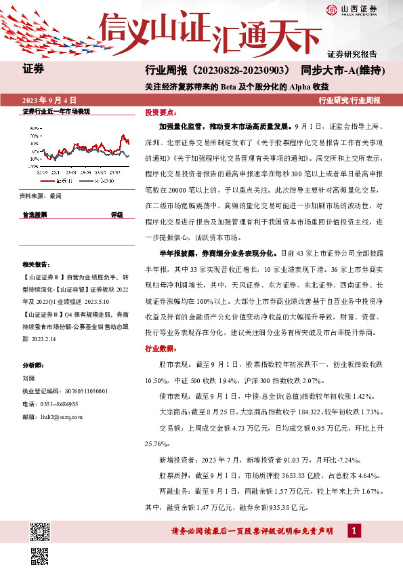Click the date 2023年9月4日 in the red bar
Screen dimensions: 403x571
(x=49, y=100)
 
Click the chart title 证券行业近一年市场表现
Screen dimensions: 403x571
(x=56, y=111)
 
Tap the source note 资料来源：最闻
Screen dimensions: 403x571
(x=41, y=195)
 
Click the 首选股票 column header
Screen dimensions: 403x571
(x=35, y=214)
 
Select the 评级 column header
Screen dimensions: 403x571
(x=116, y=214)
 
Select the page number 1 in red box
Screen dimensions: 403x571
(x=354, y=531)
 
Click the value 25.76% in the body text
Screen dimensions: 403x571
(x=158, y=443)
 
